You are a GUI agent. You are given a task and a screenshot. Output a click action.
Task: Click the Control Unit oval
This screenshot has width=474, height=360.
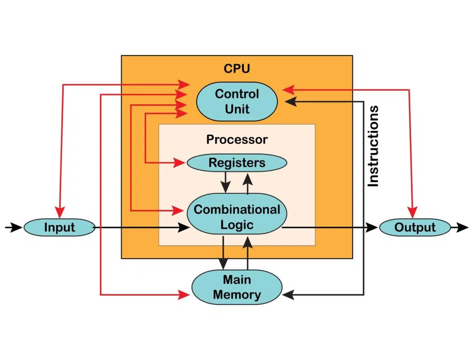(x=237, y=101)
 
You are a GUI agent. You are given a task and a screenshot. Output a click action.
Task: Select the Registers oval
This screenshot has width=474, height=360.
(x=237, y=163)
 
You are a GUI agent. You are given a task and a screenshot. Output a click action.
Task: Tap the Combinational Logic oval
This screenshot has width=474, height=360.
(x=237, y=217)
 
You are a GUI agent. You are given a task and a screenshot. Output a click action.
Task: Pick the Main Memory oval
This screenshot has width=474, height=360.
(x=237, y=287)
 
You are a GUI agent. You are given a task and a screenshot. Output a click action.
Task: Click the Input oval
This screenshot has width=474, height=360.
(x=59, y=227)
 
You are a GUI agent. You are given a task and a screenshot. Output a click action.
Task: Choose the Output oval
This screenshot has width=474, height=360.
(x=415, y=227)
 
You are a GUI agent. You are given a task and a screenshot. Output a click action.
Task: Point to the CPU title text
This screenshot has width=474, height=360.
(x=237, y=69)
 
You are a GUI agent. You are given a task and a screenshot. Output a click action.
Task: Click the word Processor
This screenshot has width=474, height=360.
(x=237, y=139)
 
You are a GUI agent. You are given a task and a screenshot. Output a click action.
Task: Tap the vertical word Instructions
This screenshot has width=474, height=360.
(x=373, y=146)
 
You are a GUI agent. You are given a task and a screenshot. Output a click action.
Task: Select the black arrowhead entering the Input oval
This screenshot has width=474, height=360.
(x=17, y=227)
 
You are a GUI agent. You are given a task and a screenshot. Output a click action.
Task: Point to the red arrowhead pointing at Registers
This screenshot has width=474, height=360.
(x=181, y=163)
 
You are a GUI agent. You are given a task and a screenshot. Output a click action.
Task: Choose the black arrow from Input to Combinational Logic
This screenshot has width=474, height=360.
(x=139, y=227)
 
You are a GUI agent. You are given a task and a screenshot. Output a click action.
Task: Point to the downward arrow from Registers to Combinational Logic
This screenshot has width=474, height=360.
(x=225, y=182)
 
